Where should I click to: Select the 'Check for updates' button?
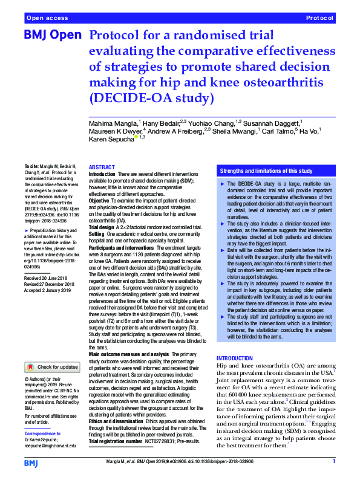click(x=51, y=367)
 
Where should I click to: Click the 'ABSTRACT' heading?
click(x=102, y=167)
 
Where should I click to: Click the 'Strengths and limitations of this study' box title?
click(x=266, y=172)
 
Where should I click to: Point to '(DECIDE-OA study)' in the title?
click(x=152, y=97)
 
